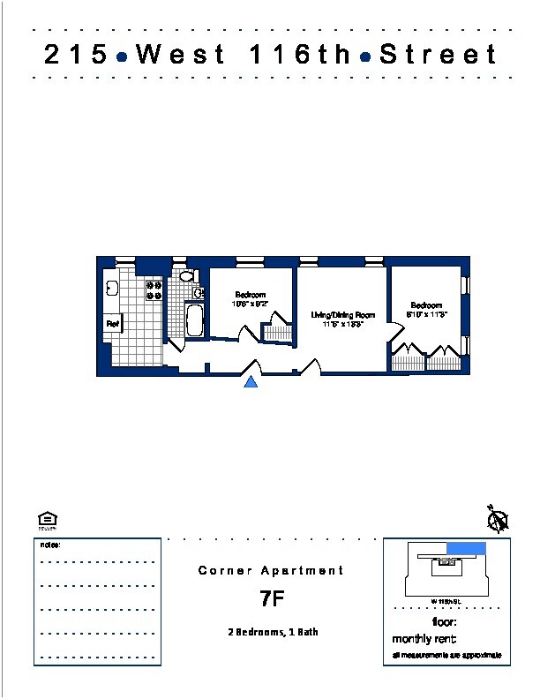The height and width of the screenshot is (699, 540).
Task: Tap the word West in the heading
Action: (x=180, y=55)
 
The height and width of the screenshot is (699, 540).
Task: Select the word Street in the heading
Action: (x=439, y=55)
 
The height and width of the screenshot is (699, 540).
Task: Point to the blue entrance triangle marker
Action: (x=251, y=381)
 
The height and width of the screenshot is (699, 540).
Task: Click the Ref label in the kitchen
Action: (x=113, y=324)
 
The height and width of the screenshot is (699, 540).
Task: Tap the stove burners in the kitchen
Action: (x=154, y=290)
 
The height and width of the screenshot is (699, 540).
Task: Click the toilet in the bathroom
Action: (x=186, y=276)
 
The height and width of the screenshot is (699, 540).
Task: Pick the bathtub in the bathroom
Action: (x=195, y=320)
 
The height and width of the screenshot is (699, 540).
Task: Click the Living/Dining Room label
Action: (x=343, y=315)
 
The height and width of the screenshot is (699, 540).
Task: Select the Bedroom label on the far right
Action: (x=425, y=305)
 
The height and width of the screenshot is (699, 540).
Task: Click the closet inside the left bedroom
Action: (x=276, y=333)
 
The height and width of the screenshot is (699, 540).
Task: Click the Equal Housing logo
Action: (x=48, y=521)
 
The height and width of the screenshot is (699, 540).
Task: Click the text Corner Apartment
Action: (x=271, y=571)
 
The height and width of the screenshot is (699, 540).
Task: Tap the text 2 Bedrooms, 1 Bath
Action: (x=271, y=633)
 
